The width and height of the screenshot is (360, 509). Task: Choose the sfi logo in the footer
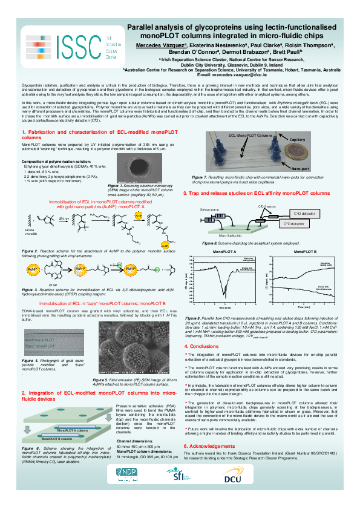click(181, 491)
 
